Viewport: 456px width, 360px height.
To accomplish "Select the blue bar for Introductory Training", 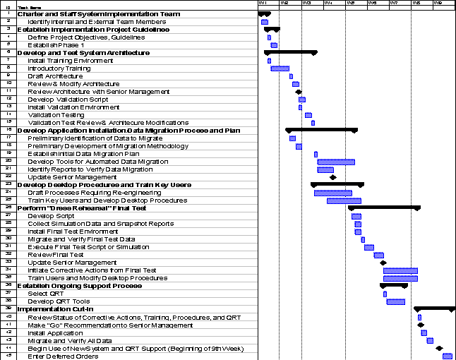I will [280, 68].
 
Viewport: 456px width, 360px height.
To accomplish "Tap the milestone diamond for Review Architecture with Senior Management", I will [299, 92].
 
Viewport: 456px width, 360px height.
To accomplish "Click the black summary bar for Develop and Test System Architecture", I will [290, 52].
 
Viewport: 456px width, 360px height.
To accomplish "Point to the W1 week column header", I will [263, 3].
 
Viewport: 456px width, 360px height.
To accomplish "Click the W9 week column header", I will [438, 3].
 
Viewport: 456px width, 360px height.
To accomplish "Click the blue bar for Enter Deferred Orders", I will [447, 356].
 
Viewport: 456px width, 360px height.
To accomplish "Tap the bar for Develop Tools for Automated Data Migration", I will [336, 162].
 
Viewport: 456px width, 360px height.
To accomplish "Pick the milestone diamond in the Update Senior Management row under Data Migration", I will [333, 177].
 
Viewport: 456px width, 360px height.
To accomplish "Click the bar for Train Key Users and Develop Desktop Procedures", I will [344, 200].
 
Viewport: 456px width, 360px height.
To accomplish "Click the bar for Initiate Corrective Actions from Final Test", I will [400, 270].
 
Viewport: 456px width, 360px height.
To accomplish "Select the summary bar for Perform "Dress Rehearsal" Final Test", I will [384, 208].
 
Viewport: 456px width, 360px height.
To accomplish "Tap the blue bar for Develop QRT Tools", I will [395, 301].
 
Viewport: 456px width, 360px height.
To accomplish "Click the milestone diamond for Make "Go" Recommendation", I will [421, 325].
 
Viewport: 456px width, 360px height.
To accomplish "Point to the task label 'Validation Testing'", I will [56, 115].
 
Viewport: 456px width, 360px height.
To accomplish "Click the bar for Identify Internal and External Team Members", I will [265, 22].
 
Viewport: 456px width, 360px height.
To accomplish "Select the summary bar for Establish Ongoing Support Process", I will [394, 286].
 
